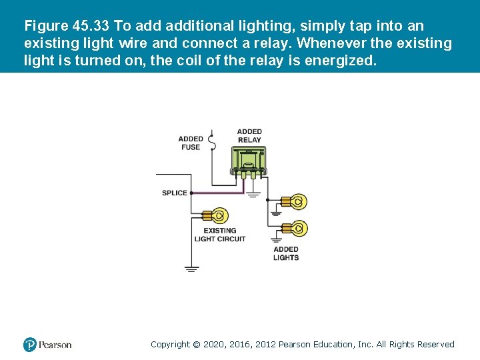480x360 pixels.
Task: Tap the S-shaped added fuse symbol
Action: point(211,143)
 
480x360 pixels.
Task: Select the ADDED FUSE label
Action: point(191,143)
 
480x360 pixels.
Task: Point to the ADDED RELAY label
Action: point(249,136)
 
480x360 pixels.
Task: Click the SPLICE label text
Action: point(175,193)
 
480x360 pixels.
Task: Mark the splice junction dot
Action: point(191,193)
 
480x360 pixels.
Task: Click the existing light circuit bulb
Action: point(219,215)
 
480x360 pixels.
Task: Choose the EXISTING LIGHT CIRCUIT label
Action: point(220,235)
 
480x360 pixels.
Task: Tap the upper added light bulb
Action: point(297,201)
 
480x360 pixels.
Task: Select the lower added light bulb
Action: point(297,229)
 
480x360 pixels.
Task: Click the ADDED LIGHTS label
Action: point(286,253)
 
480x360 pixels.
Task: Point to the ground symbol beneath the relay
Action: point(253,195)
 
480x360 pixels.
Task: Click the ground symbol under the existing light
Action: point(191,269)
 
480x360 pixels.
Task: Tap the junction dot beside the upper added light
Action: point(267,200)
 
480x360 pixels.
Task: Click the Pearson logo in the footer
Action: point(47,345)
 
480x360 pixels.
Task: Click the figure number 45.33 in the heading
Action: point(91,27)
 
